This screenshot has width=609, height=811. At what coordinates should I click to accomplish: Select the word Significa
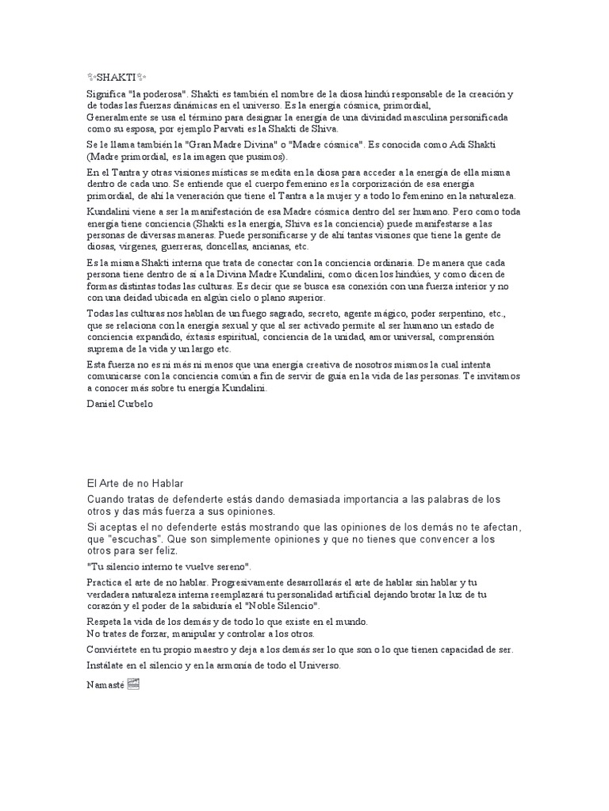click(x=105, y=94)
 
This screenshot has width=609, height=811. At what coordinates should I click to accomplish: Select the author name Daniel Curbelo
click(x=119, y=403)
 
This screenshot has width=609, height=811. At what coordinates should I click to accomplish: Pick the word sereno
click(x=230, y=566)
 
